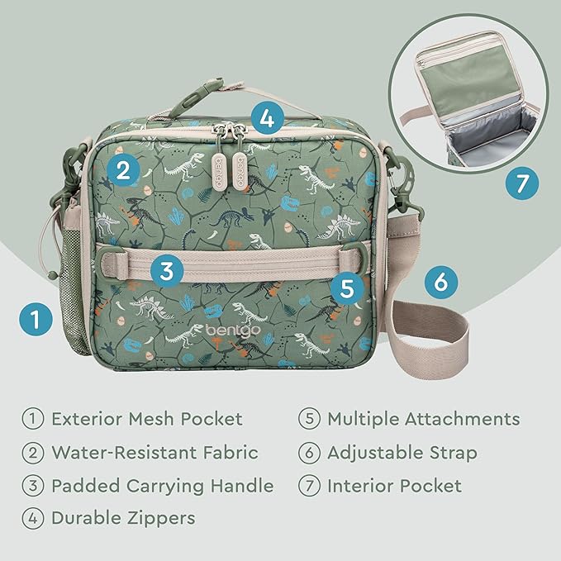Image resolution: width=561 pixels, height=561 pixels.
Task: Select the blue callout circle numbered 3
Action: [x=168, y=270]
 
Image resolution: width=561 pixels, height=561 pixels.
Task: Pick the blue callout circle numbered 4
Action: [x=265, y=117]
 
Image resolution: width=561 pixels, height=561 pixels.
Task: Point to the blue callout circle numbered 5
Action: [x=347, y=288]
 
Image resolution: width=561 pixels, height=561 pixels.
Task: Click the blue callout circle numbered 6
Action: [x=441, y=283]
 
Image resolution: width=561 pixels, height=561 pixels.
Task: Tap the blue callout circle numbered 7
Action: [x=521, y=183]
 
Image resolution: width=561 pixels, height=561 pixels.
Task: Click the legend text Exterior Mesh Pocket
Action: [x=146, y=419]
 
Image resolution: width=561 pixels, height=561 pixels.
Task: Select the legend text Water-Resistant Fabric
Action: [x=155, y=452]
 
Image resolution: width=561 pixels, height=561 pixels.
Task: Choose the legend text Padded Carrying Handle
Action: [x=162, y=486]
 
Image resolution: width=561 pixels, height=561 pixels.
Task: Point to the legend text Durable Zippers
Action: [x=123, y=519]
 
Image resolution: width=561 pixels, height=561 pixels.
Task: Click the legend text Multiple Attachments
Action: [x=424, y=419]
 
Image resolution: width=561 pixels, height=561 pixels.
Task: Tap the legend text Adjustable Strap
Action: [x=402, y=452]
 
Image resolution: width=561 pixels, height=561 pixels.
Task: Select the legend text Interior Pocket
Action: [x=394, y=486]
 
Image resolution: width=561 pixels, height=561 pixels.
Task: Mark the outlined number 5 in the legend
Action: [x=309, y=419]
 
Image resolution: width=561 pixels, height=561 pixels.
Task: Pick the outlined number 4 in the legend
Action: [x=33, y=519]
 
